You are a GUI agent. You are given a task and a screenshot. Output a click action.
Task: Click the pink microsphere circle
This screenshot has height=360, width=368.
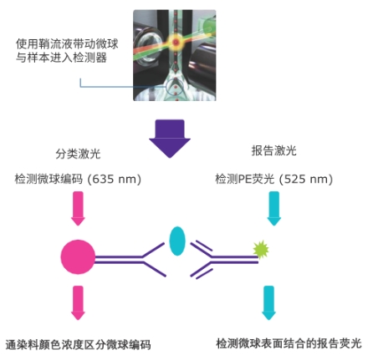(x=78, y=257)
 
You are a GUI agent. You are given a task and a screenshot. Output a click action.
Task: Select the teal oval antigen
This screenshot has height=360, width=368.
(x=176, y=241)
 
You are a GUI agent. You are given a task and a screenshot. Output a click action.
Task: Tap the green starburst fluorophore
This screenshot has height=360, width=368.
(x=261, y=248)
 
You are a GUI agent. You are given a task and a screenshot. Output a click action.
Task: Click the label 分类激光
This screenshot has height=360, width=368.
(x=79, y=155)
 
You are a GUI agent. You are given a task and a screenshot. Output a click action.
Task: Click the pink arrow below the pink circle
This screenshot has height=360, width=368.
(x=79, y=303)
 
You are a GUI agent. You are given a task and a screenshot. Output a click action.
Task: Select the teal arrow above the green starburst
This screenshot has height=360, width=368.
(x=273, y=207)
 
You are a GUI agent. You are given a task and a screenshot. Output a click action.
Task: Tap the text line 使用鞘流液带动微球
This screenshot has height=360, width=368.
(x=68, y=42)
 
